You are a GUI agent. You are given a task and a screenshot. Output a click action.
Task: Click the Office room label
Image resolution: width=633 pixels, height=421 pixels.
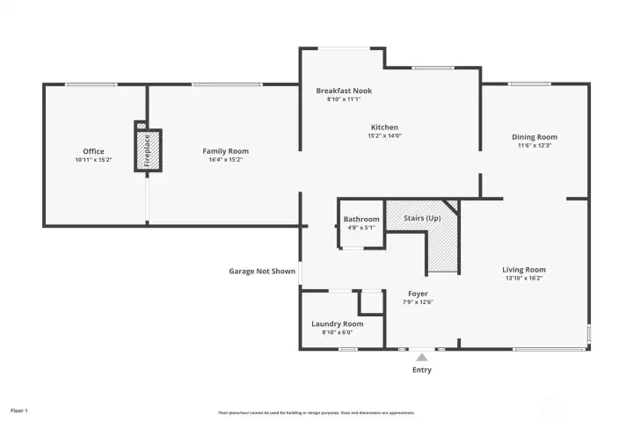93,151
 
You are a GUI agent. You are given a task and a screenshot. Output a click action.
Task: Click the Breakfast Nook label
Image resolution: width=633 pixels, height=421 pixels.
344,91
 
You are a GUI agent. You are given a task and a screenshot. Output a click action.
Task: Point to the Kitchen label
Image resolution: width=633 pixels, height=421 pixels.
383,127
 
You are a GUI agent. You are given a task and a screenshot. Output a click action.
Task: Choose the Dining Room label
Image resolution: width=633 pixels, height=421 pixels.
535,137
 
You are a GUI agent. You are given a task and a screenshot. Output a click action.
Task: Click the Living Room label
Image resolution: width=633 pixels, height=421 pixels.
524,270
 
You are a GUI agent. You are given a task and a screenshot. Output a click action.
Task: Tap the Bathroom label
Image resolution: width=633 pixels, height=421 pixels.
360,219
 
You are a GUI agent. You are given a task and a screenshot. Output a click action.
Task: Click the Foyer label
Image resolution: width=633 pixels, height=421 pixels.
418,294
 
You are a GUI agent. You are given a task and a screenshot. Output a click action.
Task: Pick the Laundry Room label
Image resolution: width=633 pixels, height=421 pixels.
337,323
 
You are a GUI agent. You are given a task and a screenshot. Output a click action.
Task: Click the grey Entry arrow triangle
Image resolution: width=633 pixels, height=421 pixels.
422,357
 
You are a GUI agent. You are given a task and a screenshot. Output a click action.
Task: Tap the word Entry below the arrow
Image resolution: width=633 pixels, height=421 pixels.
422,370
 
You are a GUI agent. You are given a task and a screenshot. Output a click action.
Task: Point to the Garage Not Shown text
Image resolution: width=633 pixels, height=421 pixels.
262,272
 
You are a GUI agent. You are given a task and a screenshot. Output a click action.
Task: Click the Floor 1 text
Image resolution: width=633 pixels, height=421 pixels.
19,410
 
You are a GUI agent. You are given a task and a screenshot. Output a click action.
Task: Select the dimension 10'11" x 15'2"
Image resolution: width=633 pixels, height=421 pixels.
93,160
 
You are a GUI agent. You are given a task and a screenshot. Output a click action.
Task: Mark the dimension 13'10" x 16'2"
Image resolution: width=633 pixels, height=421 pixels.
524,279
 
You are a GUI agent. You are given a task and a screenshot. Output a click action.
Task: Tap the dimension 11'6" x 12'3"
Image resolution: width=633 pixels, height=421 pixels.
535,146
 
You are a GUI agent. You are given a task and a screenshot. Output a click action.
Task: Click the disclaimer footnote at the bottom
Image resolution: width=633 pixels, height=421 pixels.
316,412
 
